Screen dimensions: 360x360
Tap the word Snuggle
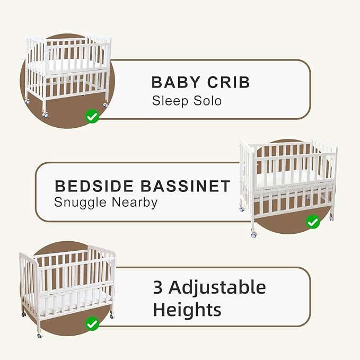pyautogui.click(x=79, y=202)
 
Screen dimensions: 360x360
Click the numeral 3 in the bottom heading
pyautogui.click(x=157, y=287)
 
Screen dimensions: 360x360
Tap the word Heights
pyautogui.click(x=187, y=309)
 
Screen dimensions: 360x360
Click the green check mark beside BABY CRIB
pyautogui.click(x=92, y=116)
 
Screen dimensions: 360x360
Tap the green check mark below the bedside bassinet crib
pyautogui.click(x=313, y=221)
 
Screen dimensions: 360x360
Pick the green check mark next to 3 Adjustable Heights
pyautogui.click(x=92, y=322)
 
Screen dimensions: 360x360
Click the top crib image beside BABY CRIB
pyautogui.click(x=67, y=72)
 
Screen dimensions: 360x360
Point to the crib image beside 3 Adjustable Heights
pyautogui.click(x=67, y=286)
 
